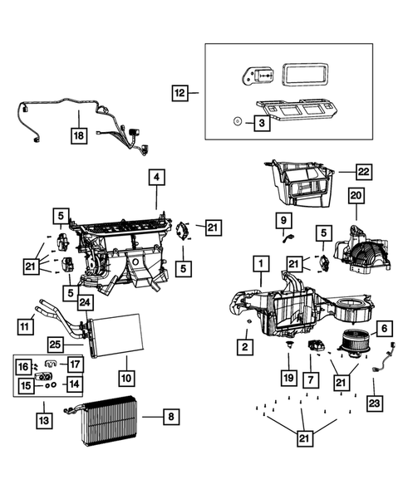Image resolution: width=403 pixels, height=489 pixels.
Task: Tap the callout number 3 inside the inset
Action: click(x=260, y=122)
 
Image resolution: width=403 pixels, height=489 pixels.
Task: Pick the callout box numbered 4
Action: click(x=156, y=177)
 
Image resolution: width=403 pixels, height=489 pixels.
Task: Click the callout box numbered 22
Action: click(x=363, y=172)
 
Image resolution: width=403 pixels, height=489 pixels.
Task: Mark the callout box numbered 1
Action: click(x=260, y=265)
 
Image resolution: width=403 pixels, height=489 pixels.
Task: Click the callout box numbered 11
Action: click(x=26, y=327)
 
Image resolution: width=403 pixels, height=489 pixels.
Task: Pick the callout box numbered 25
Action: click(x=55, y=344)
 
